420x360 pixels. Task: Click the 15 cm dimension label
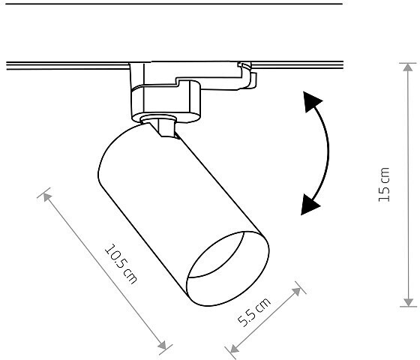pyautogui.click(x=384, y=184)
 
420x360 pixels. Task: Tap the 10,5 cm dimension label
pyautogui.click(x=121, y=263)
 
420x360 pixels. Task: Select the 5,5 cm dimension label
pyautogui.click(x=254, y=312)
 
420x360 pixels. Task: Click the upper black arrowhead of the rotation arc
pyautogui.click(x=312, y=102)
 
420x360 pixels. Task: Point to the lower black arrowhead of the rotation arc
pyautogui.click(x=309, y=205)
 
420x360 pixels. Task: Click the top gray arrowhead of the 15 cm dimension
pyautogui.click(x=408, y=67)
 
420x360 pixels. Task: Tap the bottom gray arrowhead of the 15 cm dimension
pyautogui.click(x=408, y=302)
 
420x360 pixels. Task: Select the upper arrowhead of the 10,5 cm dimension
pyautogui.click(x=47, y=197)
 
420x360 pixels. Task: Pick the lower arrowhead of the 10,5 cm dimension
pyautogui.click(x=162, y=346)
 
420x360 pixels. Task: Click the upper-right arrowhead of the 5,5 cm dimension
pyautogui.click(x=296, y=292)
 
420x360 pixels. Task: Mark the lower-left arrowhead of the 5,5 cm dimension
pyautogui.click(x=234, y=349)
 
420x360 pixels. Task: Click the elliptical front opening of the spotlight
pyautogui.click(x=228, y=268)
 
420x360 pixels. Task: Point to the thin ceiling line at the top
pyautogui.click(x=174, y=4)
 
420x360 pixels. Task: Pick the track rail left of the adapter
pyautogui.click(x=67, y=66)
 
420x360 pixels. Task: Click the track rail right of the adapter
pyautogui.click(x=297, y=65)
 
